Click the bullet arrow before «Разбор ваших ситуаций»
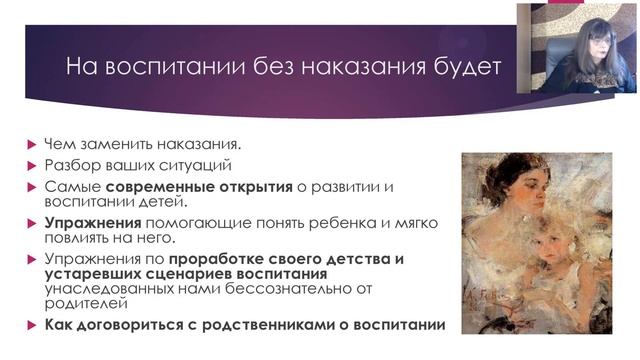(32, 164)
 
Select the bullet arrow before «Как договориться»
(32, 325)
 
